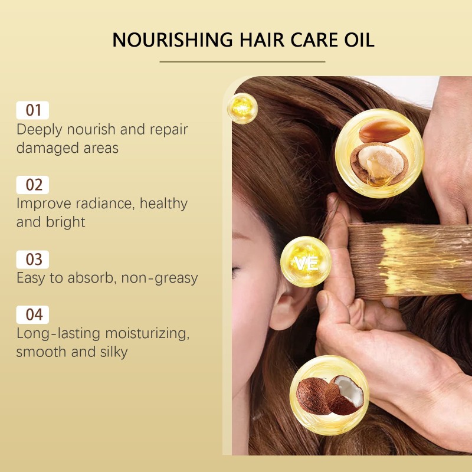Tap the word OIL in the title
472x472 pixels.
(356, 40)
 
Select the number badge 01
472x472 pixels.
(34, 110)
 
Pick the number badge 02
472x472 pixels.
(34, 185)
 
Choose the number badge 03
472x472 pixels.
(34, 260)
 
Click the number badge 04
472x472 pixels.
(34, 314)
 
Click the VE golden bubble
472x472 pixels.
(304, 263)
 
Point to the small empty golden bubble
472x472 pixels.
(242, 108)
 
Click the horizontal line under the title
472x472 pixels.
(242, 61)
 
